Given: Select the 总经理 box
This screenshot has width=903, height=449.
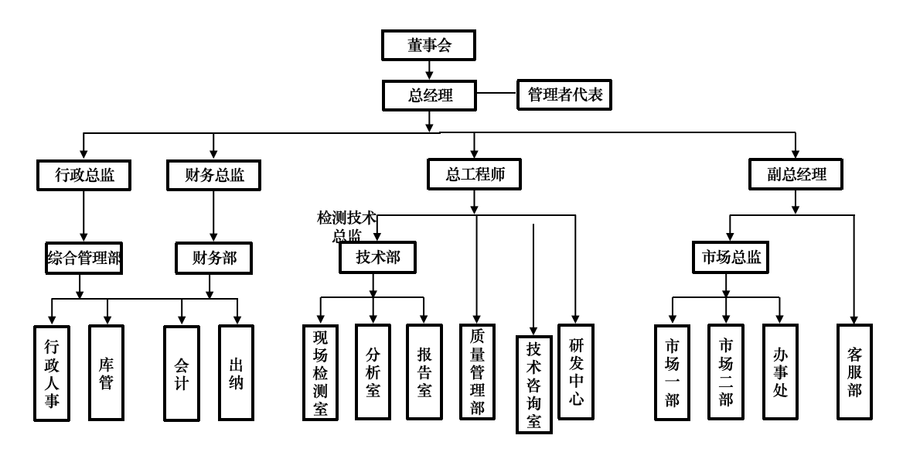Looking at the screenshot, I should (429, 95).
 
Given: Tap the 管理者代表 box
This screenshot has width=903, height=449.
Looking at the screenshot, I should (564, 95).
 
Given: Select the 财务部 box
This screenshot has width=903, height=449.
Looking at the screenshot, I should (212, 259).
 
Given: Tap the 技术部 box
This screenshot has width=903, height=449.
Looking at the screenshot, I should (377, 259).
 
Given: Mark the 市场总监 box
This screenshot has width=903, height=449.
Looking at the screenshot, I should (725, 259).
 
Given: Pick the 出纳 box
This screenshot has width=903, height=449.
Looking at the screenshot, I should (237, 372).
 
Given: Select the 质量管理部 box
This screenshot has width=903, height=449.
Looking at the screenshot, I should (477, 372).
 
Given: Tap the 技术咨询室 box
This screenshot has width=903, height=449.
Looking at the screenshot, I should (534, 383).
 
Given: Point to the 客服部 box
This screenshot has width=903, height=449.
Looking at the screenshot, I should (854, 372).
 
